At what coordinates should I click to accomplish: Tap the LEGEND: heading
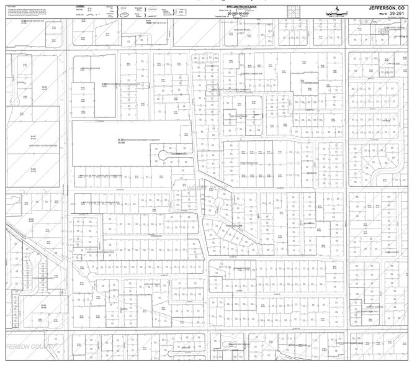point(80,6)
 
